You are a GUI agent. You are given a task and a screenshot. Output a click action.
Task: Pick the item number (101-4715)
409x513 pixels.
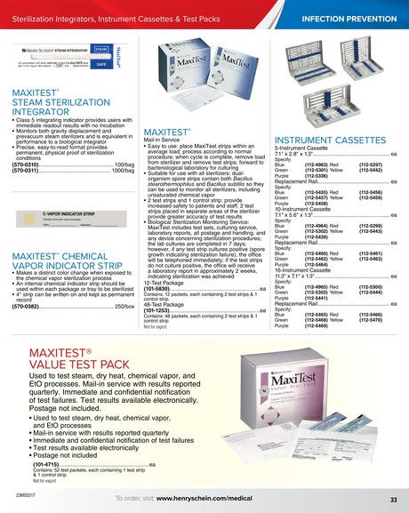tap(45, 463)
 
